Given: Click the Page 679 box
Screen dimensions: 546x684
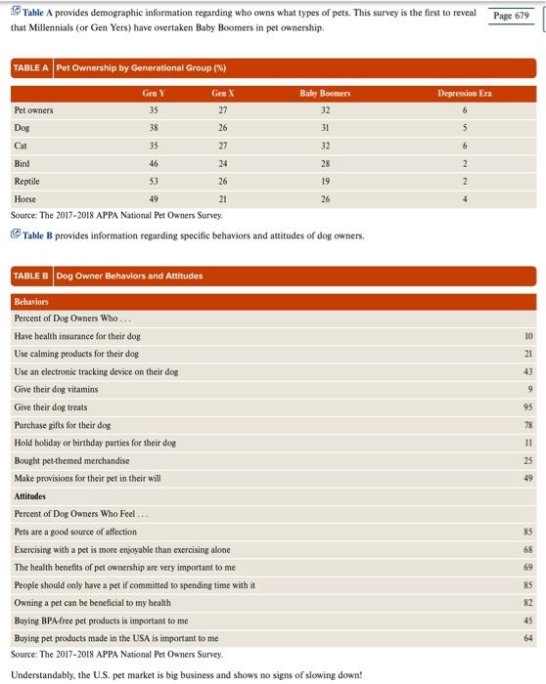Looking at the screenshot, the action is [x=511, y=16].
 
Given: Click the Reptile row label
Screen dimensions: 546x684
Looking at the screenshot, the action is [x=27, y=181].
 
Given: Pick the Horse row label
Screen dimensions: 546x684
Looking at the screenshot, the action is [x=26, y=198].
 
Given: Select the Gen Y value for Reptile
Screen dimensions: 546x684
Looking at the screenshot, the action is [x=153, y=181].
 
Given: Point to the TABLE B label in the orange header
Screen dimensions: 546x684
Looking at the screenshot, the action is [x=31, y=276].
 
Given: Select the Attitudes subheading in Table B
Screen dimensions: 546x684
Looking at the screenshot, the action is [x=32, y=496].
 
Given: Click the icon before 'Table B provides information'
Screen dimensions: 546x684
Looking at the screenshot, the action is [x=16, y=235].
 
